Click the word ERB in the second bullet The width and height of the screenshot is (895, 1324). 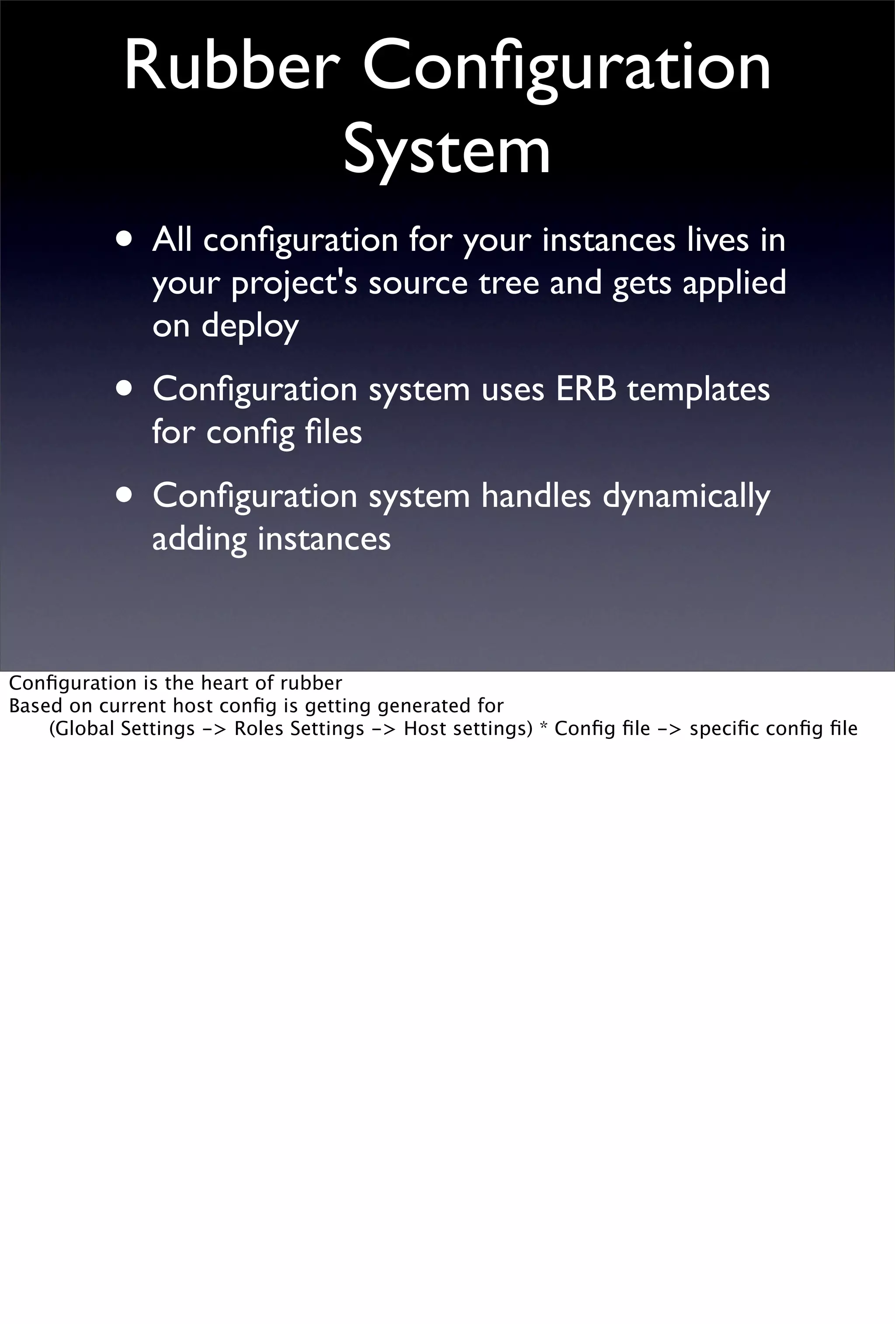pos(586,390)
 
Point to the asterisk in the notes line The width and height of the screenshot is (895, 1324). pos(543,727)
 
